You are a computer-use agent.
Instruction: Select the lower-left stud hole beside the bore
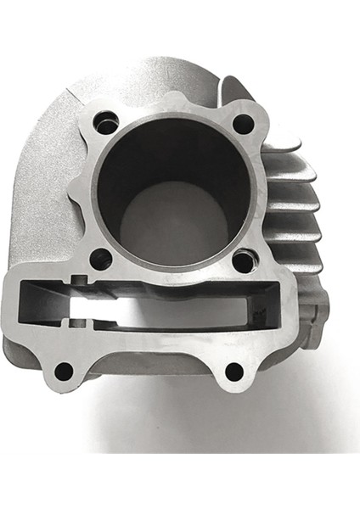click(101, 259)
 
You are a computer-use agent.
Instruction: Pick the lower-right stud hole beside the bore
click(243, 260)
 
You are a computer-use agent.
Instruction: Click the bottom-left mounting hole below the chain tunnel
click(63, 371)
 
